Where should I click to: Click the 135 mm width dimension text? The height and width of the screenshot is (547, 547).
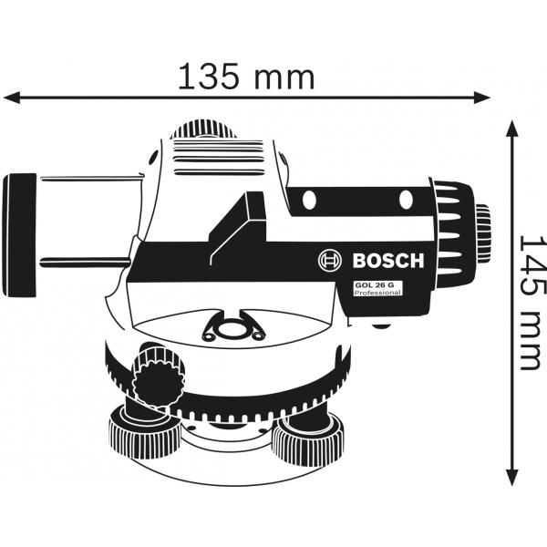pyautogui.click(x=246, y=76)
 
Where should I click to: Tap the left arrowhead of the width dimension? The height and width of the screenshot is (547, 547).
pyautogui.click(x=11, y=97)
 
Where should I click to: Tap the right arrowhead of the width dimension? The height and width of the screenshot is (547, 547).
pyautogui.click(x=482, y=97)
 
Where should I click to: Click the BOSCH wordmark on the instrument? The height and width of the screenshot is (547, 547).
pyautogui.click(x=388, y=261)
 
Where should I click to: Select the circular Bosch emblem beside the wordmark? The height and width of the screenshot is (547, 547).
pyautogui.click(x=330, y=261)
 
